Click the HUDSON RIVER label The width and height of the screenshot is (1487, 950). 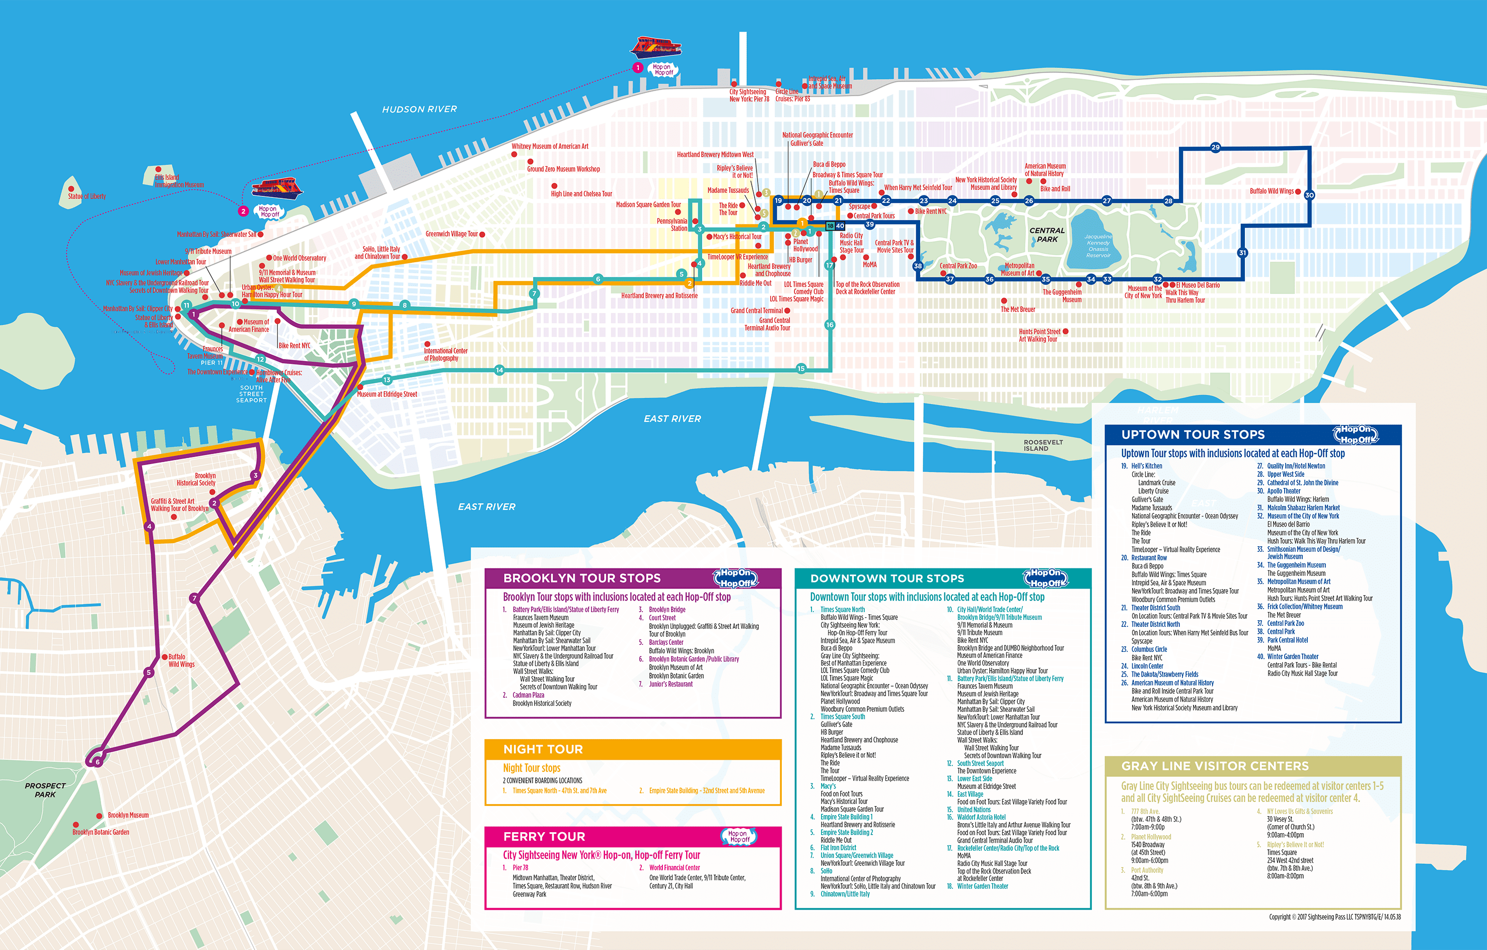tap(419, 109)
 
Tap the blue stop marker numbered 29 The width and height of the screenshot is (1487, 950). tap(1215, 148)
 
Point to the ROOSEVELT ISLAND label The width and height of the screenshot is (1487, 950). tap(1043, 446)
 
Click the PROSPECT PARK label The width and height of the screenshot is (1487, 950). tap(45, 790)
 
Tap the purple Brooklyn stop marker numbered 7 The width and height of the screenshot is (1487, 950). tap(194, 598)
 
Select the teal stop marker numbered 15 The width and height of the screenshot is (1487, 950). tap(801, 369)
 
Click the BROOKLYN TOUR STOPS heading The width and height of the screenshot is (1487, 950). tap(582, 578)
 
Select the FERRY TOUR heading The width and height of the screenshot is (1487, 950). tap(544, 836)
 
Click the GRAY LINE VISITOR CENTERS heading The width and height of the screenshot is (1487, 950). tap(1215, 766)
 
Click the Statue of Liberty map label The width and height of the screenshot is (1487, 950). tap(87, 196)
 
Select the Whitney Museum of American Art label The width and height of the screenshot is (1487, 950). tap(550, 147)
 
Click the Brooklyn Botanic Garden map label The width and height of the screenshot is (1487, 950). tap(101, 832)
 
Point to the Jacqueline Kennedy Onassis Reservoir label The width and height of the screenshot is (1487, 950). tap(1098, 246)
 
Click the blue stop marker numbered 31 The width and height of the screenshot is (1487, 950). tap(1242, 253)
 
